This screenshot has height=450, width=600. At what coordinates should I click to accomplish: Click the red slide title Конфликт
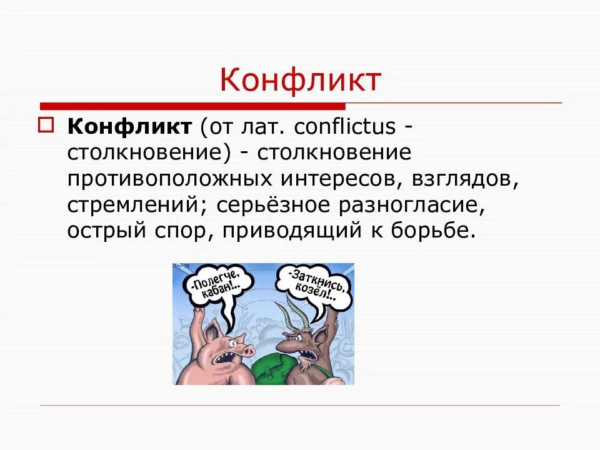click(x=300, y=81)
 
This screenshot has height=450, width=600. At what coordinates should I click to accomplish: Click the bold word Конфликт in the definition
click(x=129, y=127)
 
